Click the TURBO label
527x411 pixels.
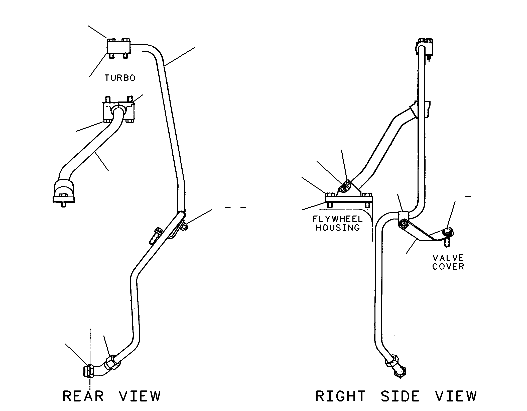coord(120,78)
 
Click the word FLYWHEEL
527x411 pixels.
coord(338,220)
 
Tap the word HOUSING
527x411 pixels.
coord(338,228)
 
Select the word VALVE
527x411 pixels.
coord(448,258)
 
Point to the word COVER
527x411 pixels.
coord(448,266)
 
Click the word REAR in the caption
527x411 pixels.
coord(83,396)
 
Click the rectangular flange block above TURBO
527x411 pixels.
coord(118,47)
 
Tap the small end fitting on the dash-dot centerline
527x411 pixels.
coord(89,375)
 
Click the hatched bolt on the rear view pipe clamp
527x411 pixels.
coord(155,236)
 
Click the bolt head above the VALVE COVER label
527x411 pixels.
coord(448,232)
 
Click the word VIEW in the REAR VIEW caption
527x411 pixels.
coord(140,396)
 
